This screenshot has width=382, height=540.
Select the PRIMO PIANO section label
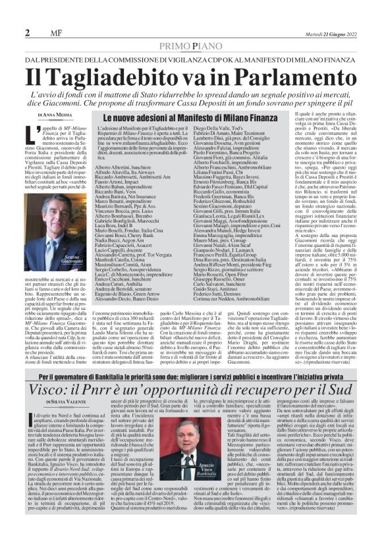191,45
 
